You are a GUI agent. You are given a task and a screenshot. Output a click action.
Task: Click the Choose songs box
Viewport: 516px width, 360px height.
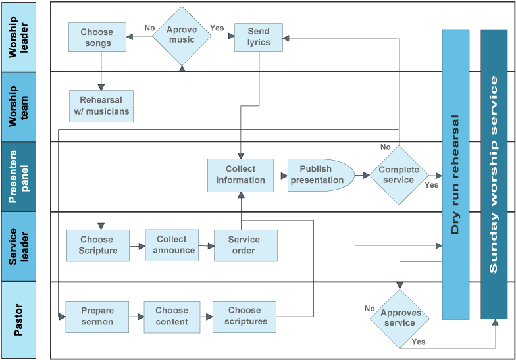tap(97, 37)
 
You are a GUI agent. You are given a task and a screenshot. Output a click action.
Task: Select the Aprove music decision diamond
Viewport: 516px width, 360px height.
tap(182, 36)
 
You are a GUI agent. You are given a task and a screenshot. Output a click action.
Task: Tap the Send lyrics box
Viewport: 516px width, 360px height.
tap(258, 37)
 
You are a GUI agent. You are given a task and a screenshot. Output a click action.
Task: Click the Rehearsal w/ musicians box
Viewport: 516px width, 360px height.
tap(101, 107)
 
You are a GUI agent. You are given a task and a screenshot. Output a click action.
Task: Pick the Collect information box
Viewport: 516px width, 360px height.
tap(240, 175)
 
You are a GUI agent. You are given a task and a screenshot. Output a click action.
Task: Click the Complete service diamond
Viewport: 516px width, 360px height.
tap(399, 175)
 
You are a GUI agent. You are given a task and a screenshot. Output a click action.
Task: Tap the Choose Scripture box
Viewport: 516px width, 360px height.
tap(97, 245)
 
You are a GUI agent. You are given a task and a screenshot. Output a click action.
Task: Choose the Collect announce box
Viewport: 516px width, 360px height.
tap(172, 245)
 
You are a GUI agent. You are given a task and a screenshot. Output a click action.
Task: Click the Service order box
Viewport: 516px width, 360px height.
tap(245, 245)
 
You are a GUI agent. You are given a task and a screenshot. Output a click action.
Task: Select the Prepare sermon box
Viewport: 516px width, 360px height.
tap(97, 317)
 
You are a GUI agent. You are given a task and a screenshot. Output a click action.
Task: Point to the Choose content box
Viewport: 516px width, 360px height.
tap(172, 317)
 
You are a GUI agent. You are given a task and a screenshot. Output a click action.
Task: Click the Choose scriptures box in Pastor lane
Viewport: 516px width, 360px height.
tap(244, 317)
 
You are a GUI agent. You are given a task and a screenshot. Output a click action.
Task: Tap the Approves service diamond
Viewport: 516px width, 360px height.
tap(400, 319)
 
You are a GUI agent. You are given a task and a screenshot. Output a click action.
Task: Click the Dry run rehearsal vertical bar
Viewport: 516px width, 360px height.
tap(455, 174)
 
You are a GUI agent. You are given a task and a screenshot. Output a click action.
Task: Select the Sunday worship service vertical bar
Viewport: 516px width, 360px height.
tap(494, 174)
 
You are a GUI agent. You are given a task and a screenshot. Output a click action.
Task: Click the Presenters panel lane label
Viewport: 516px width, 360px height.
tap(18, 176)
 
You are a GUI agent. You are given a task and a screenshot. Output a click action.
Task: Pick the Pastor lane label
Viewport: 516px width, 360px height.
tap(18, 320)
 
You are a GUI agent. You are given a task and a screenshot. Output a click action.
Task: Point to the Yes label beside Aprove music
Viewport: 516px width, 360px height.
tap(217, 28)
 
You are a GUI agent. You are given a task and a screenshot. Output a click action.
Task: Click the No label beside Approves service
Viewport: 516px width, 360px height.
tap(370, 309)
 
